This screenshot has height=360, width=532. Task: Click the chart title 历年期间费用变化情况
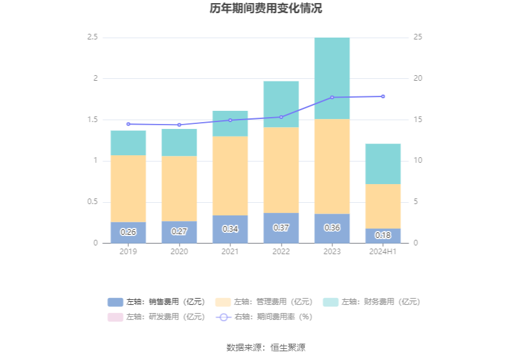266,9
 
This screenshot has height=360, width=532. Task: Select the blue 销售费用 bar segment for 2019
128,232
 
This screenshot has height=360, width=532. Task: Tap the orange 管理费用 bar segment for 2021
230,175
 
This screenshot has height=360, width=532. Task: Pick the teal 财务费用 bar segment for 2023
332,78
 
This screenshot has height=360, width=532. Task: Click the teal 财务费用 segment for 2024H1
383,163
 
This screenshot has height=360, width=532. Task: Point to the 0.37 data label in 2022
281,228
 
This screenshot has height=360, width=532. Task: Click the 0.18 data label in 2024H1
383,235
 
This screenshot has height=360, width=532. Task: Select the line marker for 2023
332,97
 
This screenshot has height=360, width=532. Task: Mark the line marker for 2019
128,124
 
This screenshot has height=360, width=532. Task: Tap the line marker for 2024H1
383,96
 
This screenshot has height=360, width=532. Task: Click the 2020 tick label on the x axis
179,252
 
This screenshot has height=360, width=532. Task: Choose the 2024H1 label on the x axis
383,252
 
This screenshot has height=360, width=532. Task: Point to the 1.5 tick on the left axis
93,120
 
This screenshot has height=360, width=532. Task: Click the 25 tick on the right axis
417,38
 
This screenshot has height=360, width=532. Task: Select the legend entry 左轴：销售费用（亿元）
156,302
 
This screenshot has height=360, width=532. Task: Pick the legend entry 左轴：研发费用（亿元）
156,317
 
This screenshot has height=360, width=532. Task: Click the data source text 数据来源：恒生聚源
266,347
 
